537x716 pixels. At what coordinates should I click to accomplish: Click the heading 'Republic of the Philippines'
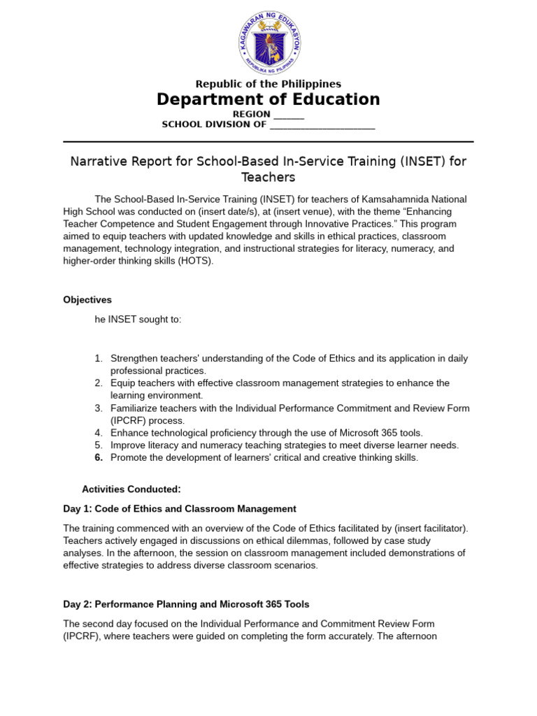268,84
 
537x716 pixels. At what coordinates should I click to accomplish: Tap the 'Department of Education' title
268,100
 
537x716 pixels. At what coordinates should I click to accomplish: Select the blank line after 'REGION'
289,115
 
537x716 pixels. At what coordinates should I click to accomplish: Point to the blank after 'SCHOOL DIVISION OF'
322,125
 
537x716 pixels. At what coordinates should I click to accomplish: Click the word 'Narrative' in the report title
96,162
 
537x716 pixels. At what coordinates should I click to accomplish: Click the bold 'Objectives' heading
87,300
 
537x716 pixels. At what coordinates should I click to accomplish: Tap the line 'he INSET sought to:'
138,320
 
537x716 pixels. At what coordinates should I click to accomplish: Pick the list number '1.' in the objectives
99,359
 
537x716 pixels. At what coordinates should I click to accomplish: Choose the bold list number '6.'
99,458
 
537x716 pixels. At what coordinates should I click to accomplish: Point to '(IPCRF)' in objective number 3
130,421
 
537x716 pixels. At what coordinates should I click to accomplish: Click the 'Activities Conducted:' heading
131,489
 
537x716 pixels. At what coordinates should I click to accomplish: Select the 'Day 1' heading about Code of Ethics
180,509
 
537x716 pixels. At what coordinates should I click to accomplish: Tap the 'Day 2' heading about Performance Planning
186,604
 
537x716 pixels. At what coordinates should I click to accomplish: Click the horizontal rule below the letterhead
268,142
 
